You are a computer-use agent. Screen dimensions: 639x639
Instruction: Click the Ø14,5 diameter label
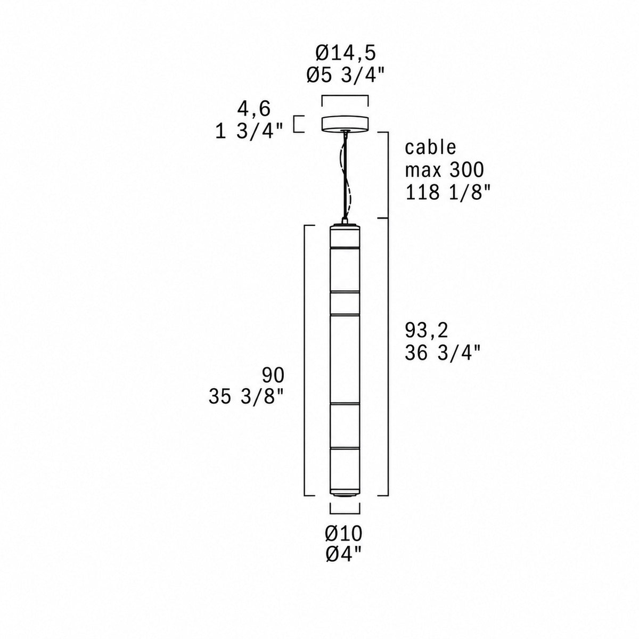[x=345, y=54]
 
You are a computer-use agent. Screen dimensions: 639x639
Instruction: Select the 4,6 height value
[x=254, y=110]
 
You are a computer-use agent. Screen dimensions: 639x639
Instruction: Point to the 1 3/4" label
[x=249, y=132]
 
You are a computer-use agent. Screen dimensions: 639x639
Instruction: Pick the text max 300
[x=444, y=170]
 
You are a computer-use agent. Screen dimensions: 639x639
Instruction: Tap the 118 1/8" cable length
[x=448, y=192]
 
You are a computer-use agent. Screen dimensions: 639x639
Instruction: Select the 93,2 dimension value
[x=427, y=331]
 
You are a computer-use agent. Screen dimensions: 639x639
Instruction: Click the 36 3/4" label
[x=443, y=353]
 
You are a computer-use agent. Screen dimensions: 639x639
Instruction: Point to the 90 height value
[x=273, y=375]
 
